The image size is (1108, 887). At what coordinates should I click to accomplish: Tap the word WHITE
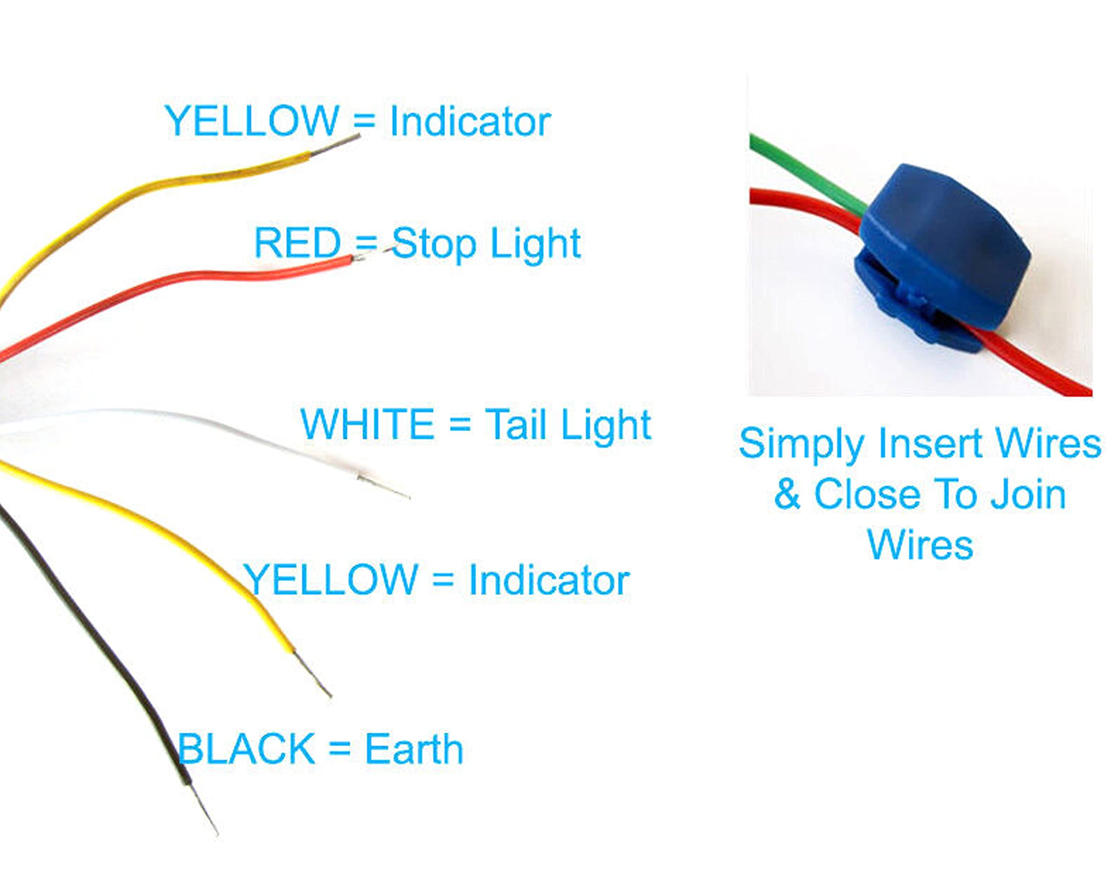(x=367, y=424)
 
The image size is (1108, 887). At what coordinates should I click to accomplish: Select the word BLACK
(x=246, y=749)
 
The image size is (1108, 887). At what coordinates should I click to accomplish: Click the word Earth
(x=414, y=749)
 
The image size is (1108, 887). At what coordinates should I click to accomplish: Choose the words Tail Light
(x=568, y=424)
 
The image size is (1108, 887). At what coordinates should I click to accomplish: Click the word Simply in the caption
(x=801, y=443)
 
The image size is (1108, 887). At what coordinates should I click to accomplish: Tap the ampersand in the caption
(x=787, y=494)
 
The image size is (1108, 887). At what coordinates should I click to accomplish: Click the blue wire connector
(x=943, y=252)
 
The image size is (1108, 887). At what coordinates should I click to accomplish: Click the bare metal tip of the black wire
(x=205, y=809)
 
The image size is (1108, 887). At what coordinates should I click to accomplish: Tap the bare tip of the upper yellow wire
(x=336, y=145)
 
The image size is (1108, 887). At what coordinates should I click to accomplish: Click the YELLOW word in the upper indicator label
(x=252, y=121)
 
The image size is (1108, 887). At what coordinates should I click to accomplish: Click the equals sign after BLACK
(x=339, y=749)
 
